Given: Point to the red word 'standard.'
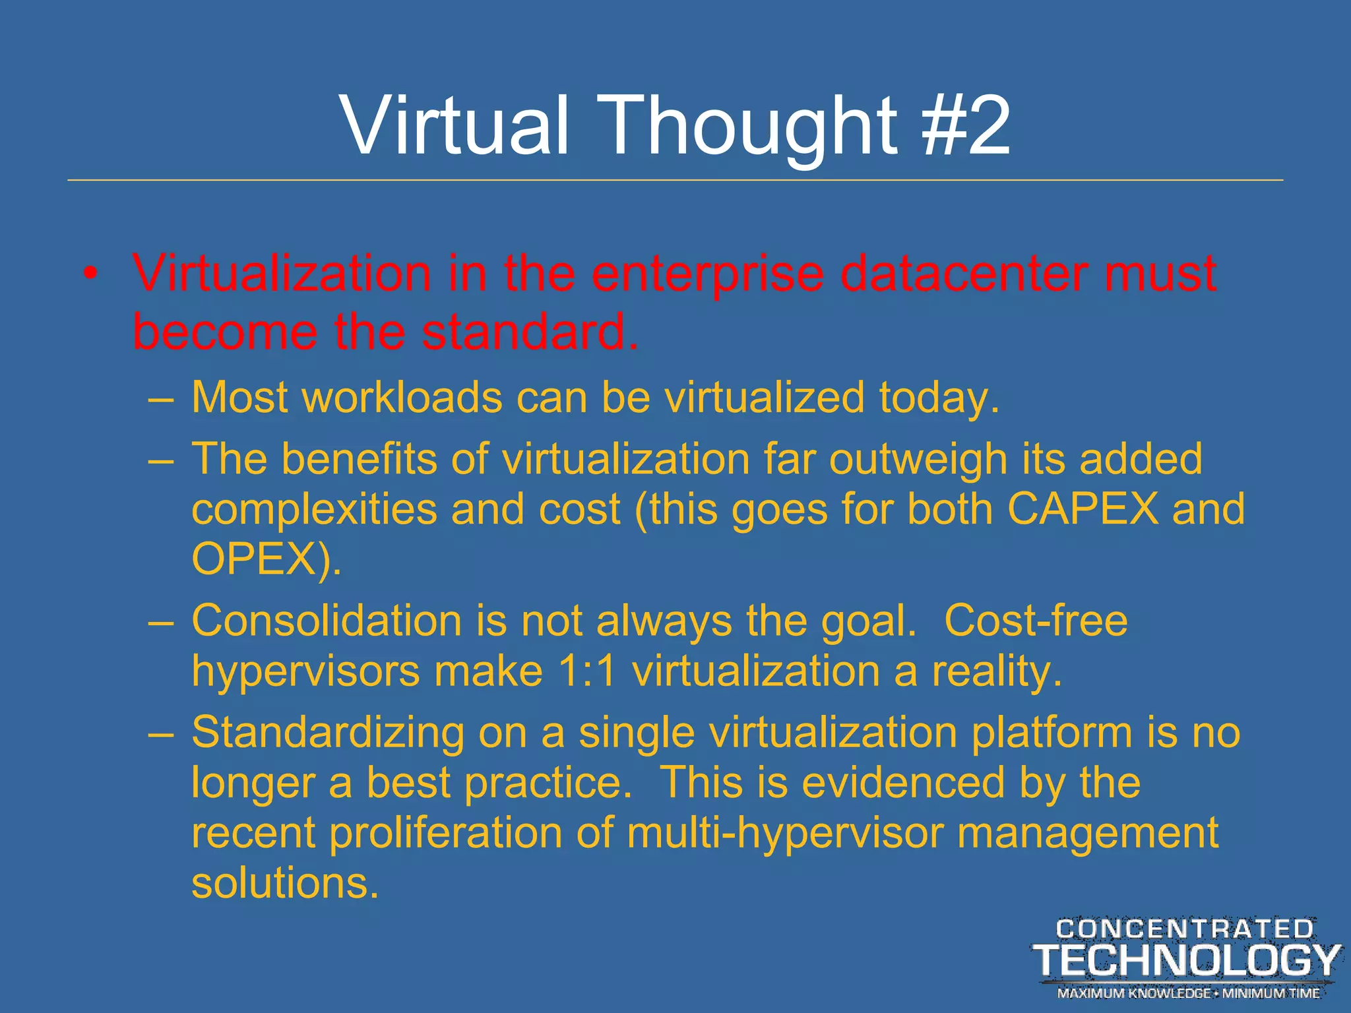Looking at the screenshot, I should [x=530, y=332].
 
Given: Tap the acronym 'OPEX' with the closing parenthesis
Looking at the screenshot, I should [x=267, y=559].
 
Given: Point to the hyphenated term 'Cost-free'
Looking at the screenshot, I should [x=1036, y=621].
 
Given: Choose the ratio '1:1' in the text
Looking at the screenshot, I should [x=586, y=671].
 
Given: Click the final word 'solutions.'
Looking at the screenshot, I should [x=285, y=883].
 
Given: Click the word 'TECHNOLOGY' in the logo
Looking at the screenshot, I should [x=1186, y=960].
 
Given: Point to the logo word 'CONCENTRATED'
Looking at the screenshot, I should [x=1185, y=929].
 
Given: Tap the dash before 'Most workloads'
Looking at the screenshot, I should [x=161, y=399].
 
